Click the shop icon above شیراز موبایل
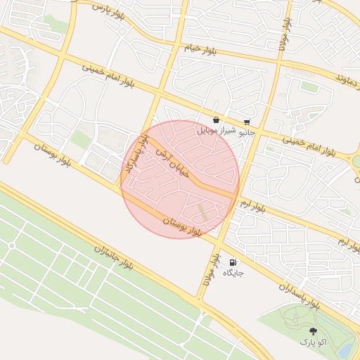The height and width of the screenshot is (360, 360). point(216,120)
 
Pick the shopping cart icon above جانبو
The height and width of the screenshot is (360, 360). point(247,121)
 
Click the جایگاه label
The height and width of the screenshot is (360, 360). point(233,272)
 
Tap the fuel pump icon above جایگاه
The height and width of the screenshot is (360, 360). point(233,262)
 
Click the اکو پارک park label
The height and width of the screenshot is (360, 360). point(312,342)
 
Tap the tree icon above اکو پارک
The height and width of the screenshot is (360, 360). point(312,330)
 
